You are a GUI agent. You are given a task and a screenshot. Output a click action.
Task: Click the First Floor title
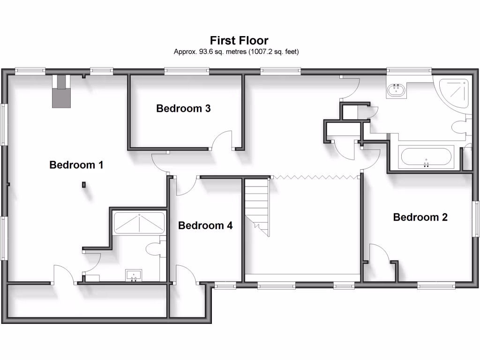[239, 40]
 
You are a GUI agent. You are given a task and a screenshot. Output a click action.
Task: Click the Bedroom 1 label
[76, 165]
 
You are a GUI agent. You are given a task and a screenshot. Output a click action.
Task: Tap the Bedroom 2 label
[420, 217]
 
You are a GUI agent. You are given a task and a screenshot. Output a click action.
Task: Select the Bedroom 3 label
[183, 109]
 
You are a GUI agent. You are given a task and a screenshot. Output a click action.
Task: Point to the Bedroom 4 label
[205, 225]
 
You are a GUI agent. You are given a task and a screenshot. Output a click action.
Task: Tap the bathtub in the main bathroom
[426, 157]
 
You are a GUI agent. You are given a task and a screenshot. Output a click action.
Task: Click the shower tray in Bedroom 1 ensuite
[139, 223]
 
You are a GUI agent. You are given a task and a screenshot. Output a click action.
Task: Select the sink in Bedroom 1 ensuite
[134, 275]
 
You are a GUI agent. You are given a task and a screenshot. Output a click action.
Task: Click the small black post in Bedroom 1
[84, 185]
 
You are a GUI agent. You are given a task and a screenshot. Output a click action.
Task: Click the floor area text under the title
[236, 52]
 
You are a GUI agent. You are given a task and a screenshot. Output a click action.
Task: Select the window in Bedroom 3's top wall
[187, 71]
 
